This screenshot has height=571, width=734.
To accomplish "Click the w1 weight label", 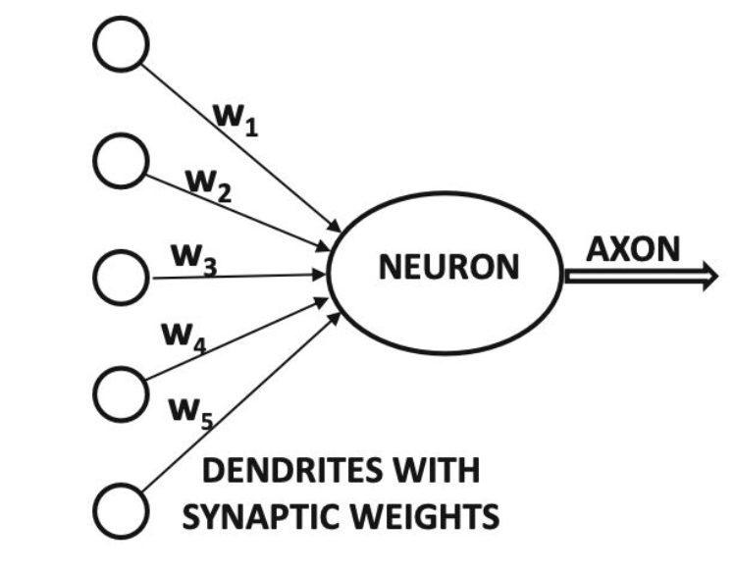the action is click(x=236, y=120).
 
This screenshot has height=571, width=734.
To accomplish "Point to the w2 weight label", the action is click(x=208, y=185).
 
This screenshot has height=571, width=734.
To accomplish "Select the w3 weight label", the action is click(x=194, y=260).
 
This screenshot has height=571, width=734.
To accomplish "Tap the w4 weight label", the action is click(x=183, y=337).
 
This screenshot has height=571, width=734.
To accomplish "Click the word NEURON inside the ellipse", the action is click(x=448, y=267).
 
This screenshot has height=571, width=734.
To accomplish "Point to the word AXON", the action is click(x=633, y=249).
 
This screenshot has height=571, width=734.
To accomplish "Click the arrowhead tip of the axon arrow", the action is click(x=717, y=277).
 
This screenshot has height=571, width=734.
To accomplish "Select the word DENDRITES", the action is click(x=291, y=470).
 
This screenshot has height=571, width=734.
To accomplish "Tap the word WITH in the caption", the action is click(x=438, y=470).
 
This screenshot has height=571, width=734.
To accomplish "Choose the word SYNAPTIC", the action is click(x=261, y=517).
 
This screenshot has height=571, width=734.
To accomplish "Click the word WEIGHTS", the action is click(x=425, y=517).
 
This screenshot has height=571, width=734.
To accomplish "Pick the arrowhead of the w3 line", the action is click(x=320, y=275).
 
